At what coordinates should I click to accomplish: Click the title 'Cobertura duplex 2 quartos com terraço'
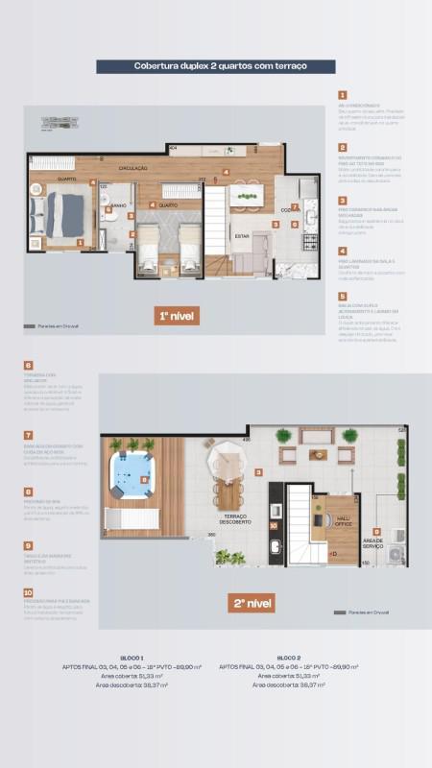click(x=215, y=66)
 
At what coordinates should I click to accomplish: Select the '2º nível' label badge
click(x=252, y=604)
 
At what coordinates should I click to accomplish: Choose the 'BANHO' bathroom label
click(x=117, y=205)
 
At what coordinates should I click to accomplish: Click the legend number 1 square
click(x=341, y=95)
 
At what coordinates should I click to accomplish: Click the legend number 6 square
click(x=28, y=366)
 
